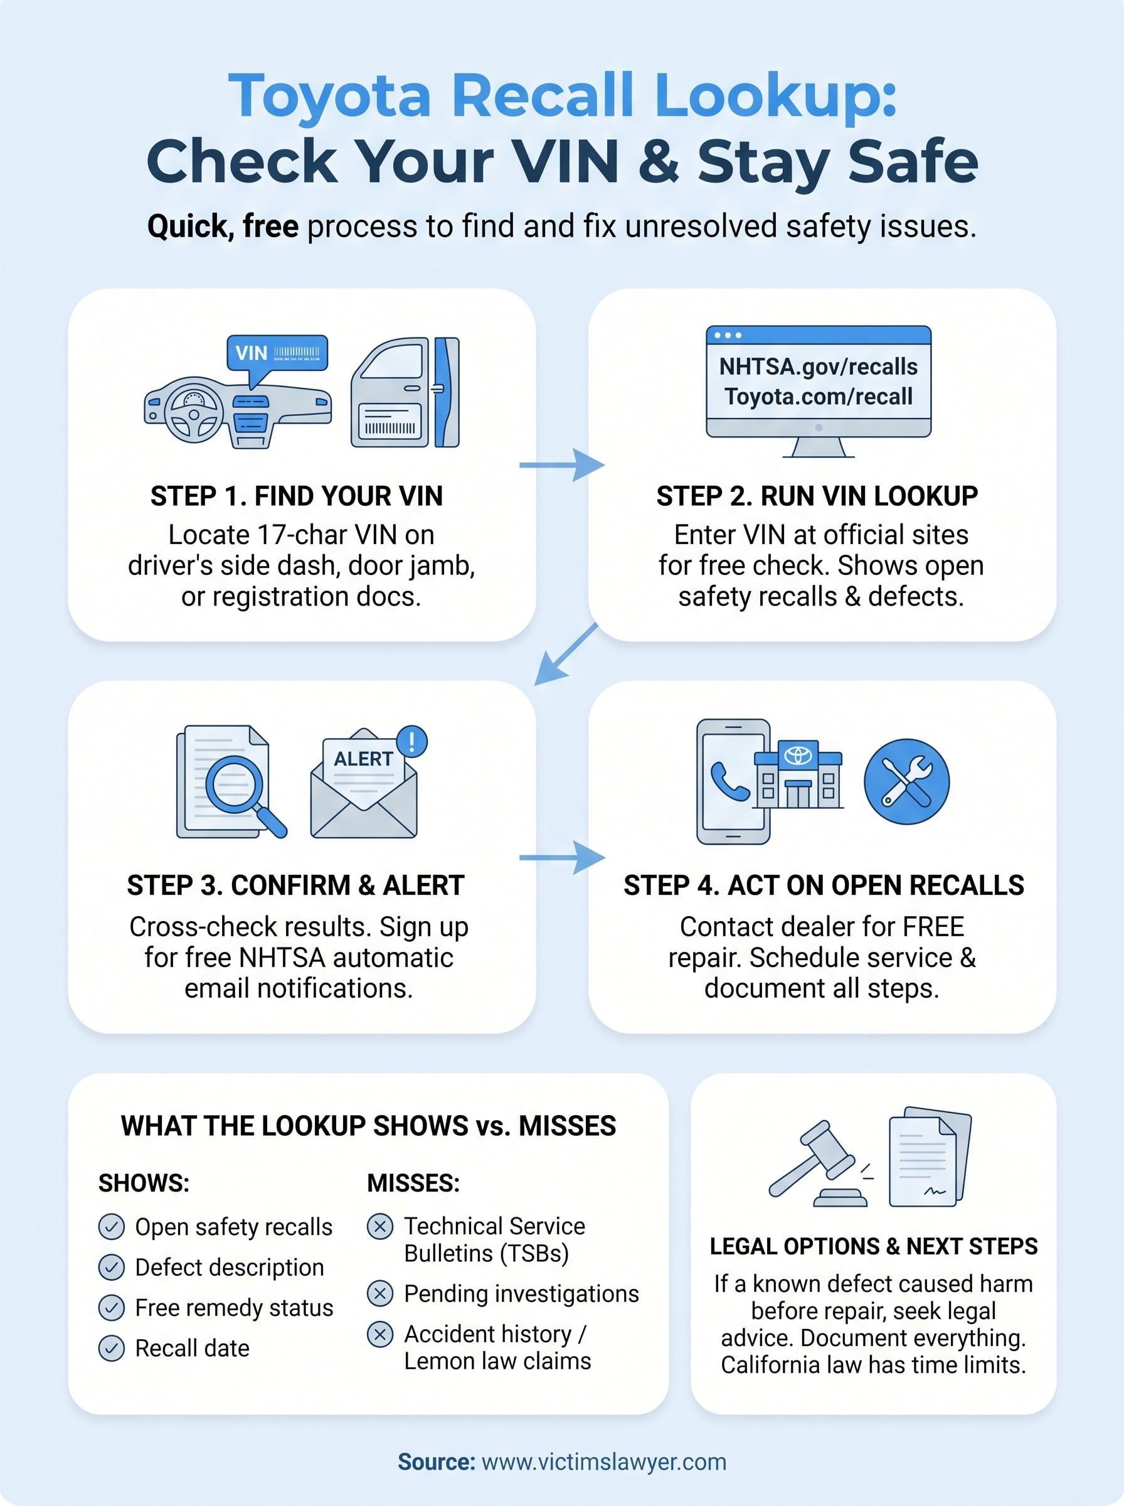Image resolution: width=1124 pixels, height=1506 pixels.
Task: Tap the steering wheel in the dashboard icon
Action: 193,412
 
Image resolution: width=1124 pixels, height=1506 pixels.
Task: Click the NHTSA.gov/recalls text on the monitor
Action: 818,367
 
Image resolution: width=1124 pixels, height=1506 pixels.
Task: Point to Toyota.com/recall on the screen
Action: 818,397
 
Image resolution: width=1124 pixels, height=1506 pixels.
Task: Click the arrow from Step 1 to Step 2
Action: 561,465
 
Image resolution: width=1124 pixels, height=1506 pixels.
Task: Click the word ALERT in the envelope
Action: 363,759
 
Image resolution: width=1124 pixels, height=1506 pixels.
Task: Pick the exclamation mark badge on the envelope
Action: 411,741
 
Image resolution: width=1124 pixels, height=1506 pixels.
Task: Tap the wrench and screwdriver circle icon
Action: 906,781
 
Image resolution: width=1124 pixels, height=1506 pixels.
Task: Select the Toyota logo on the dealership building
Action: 798,755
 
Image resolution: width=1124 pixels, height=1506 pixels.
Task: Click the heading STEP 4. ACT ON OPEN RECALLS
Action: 824,885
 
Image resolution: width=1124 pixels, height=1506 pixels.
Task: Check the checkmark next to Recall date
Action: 112,1348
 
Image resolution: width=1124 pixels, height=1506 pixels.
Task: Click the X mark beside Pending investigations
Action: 380,1293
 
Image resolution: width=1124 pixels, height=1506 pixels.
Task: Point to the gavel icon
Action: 817,1163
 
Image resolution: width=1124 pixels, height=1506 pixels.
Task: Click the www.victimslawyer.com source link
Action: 603,1462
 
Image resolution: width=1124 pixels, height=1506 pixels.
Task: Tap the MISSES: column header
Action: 413,1183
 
